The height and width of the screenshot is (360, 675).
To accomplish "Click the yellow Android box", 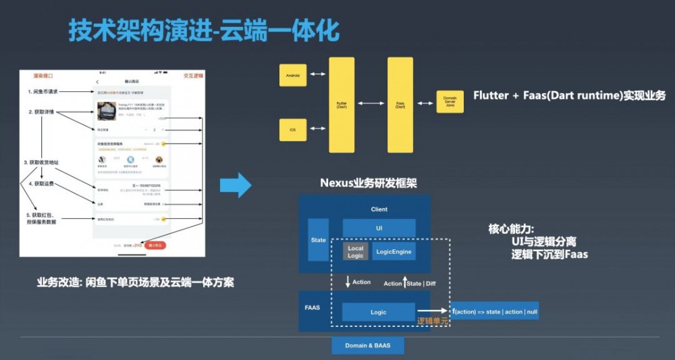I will coord(293,75).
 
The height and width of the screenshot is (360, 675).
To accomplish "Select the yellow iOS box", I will coord(293,129).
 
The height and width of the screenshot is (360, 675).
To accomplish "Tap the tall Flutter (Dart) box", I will coord(342,105).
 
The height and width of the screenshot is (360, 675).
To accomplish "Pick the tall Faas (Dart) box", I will coord(400,105).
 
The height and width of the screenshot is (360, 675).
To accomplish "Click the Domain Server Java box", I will coord(450,103).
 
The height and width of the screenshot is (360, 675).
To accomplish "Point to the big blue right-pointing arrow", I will coord(236,184).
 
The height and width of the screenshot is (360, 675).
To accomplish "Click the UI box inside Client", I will coord(379,228).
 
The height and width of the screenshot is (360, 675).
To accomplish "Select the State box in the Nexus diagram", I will coord(318,240).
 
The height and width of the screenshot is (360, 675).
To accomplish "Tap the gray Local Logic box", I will coord(356,252).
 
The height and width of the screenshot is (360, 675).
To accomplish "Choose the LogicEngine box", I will coord(394,252).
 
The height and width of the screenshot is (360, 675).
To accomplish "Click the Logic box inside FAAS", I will coord(378,312).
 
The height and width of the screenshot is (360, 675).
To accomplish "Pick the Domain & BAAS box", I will coord(369,345).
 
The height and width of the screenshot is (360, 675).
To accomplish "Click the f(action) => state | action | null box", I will coord(495,311).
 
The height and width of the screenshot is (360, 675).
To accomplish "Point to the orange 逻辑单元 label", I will coord(433,322).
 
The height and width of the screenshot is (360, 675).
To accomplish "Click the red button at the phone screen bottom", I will coord(156,245).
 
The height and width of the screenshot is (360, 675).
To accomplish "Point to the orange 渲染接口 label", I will coord(43,76).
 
